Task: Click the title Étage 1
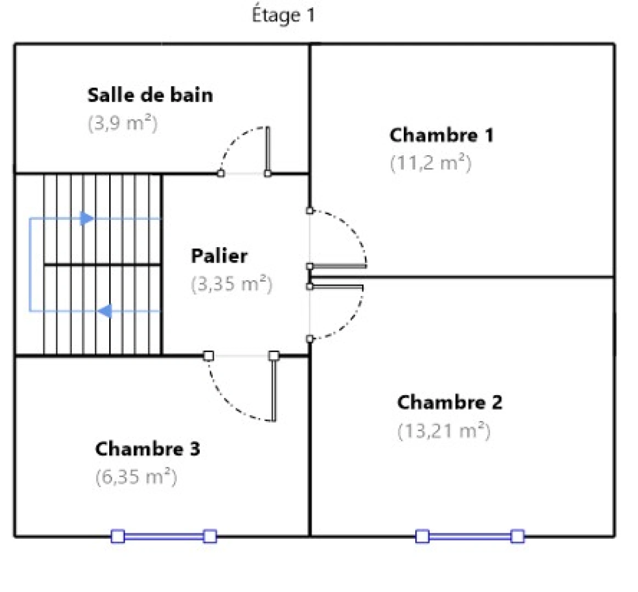283,15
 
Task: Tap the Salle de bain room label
150,95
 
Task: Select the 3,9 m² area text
123,123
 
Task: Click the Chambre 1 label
441,135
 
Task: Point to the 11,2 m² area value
431,163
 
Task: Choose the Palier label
219,255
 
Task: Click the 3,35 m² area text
232,284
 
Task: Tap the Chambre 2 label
449,402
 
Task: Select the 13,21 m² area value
443,431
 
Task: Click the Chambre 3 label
148,449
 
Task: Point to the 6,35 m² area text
136,477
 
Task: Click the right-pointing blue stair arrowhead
87,219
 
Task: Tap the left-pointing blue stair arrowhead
105,311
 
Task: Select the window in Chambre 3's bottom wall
163,536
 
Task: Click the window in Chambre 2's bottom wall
470,536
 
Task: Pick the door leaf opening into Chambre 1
338,266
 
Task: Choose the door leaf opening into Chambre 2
336,286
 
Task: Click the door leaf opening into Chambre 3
274,388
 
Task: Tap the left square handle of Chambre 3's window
118,536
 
